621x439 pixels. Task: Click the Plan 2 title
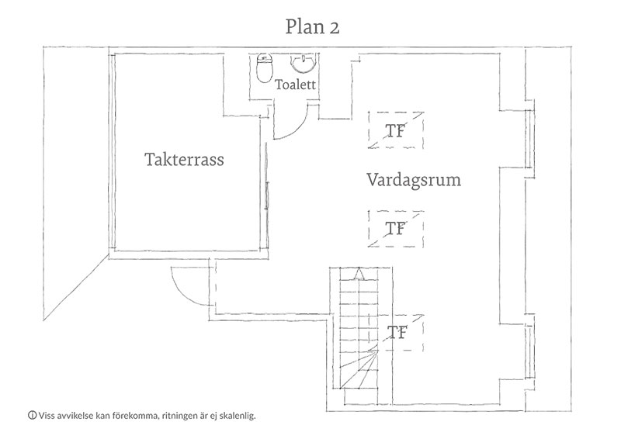312,27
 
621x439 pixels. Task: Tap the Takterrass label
184,159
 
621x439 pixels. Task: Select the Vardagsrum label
414,180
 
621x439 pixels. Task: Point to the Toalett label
295,85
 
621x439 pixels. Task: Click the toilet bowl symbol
265,68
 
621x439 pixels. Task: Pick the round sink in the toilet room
303,64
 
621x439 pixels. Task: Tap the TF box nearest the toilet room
396,130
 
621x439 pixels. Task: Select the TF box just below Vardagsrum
396,229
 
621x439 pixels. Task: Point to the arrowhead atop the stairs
359,274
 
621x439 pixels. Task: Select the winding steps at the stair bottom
359,368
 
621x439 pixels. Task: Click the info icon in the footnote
32,415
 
